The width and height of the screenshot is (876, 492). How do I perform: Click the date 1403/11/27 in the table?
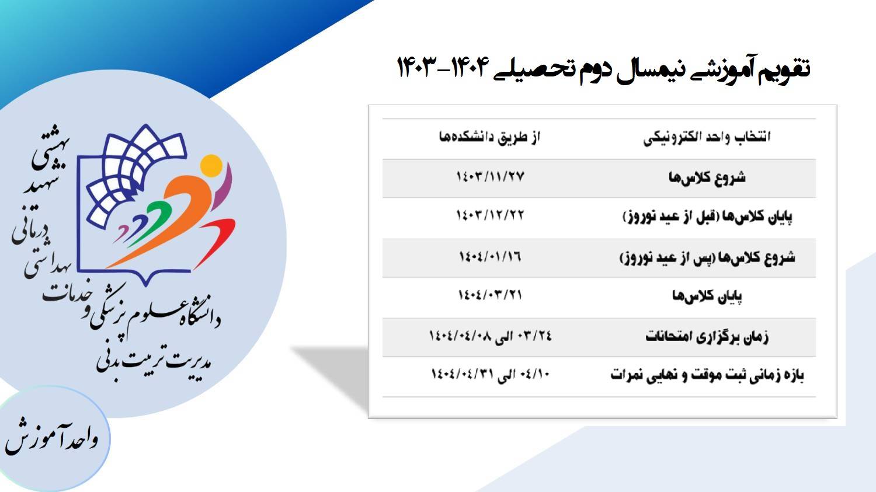[490, 177]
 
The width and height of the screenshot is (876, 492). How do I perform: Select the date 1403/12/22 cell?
[489, 215]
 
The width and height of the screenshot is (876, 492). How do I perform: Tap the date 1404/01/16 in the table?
[490, 257]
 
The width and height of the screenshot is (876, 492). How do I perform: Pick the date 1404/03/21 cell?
[490, 295]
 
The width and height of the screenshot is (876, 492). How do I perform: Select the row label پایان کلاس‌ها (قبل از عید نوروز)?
[707, 217]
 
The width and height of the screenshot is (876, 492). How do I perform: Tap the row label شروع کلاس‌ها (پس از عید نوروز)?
[707, 257]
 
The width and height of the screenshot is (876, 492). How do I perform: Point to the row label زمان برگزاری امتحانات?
[707, 337]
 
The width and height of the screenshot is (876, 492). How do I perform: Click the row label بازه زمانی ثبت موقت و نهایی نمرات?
[707, 375]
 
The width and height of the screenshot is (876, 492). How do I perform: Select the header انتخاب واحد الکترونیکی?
[707, 138]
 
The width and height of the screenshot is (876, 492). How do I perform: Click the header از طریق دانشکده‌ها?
[489, 137]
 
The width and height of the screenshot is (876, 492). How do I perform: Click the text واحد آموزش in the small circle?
[51, 438]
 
